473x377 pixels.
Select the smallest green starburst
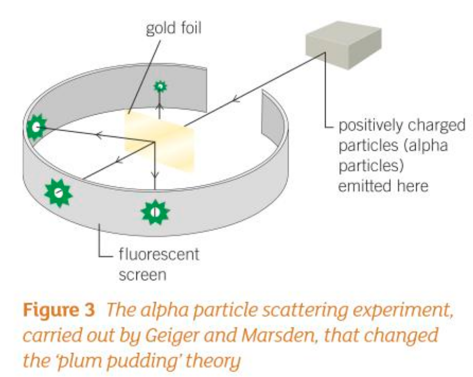160,86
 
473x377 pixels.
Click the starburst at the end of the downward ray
155,212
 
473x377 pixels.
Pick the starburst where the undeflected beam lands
58,191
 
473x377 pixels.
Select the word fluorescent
158,255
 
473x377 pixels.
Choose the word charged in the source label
440,126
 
